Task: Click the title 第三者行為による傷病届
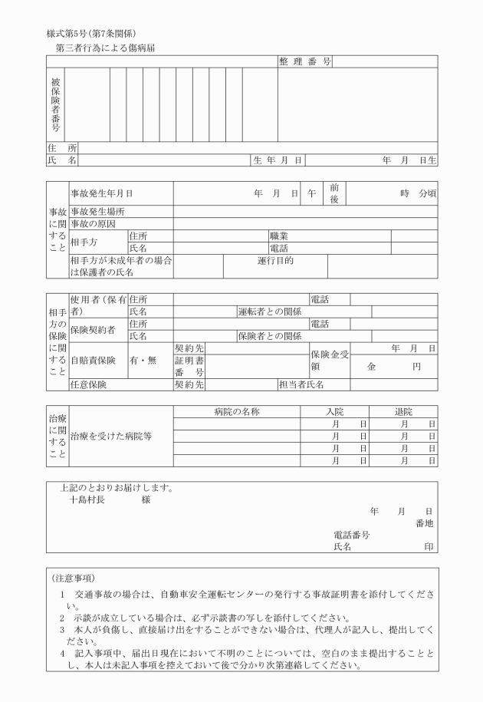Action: point(106,48)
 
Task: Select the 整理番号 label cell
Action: point(304,61)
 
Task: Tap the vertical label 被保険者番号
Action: point(56,104)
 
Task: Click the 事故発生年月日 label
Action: point(96,194)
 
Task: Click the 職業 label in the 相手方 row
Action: point(278,236)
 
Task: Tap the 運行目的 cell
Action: point(275,261)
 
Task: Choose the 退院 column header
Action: point(402,412)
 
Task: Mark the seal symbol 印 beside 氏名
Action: point(429,547)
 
